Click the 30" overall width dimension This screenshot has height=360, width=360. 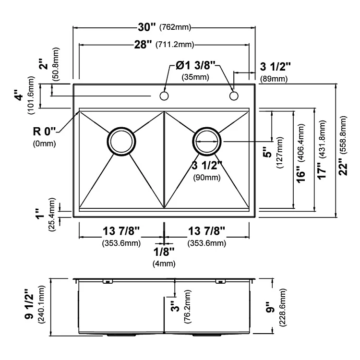coord(147,27)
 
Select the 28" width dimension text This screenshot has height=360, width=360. coord(143,44)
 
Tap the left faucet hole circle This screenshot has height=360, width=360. coord(164,96)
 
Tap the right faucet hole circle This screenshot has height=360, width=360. coord(234,96)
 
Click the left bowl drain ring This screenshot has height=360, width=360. coord(121,128)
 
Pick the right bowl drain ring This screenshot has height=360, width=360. coord(207,128)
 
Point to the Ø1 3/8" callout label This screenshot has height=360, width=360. coord(195,66)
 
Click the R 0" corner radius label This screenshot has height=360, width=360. coord(45,132)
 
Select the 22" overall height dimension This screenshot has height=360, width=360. coord(343,167)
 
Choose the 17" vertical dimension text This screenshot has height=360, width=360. coord(322,171)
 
